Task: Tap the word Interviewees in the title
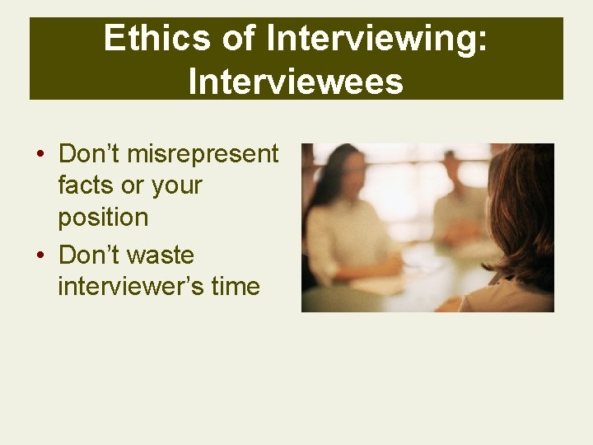pyautogui.click(x=296, y=81)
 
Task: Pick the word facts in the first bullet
pyautogui.click(x=88, y=185)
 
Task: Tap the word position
pyautogui.click(x=103, y=218)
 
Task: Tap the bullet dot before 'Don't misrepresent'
pyautogui.click(x=39, y=155)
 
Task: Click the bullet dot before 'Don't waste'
pyautogui.click(x=39, y=255)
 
